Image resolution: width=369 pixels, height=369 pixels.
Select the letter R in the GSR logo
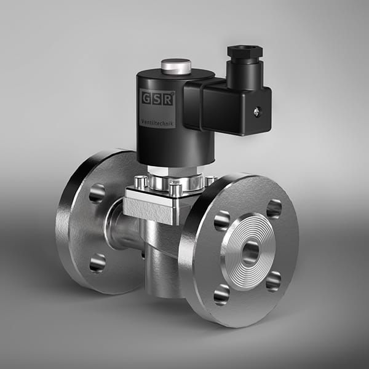169,98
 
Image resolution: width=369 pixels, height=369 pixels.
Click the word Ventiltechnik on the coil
158,123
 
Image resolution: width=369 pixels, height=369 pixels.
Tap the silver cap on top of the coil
176,65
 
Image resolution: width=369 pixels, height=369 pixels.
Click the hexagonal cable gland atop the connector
244,54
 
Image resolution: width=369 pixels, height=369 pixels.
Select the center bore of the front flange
250,252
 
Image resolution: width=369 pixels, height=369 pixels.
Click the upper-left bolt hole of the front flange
221,220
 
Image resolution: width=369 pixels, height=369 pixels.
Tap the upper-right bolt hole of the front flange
274,208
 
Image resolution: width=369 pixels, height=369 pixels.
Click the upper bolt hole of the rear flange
97,193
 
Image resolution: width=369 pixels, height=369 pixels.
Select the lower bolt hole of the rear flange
97,263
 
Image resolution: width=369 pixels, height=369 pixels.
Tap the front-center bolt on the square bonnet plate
175,190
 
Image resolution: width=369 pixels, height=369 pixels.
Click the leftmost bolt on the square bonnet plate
141,182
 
